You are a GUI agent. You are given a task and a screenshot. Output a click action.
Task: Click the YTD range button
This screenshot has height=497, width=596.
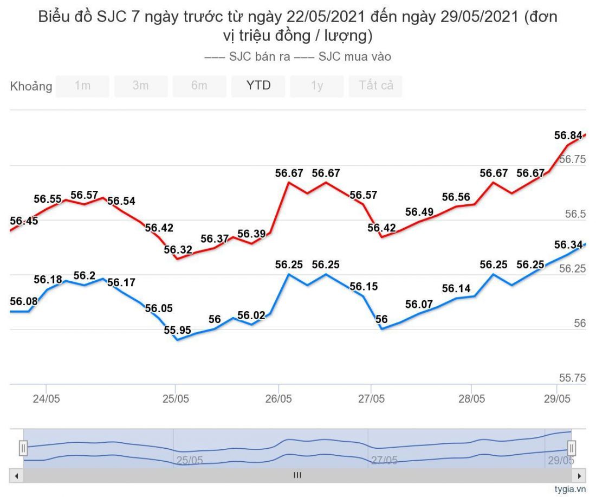tap(258, 86)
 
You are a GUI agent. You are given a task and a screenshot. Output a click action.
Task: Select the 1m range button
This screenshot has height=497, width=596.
tap(82, 86)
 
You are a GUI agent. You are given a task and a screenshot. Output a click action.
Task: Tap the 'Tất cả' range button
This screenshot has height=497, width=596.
tap(375, 86)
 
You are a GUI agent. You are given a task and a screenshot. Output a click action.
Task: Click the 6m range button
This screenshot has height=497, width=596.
tap(199, 86)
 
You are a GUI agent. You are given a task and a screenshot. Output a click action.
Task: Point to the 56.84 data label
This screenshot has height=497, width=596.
tap(568, 135)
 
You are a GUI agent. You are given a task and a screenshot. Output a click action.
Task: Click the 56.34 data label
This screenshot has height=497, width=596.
tap(568, 244)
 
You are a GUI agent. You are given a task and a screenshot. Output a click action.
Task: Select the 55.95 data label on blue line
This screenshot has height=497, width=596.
tap(178, 330)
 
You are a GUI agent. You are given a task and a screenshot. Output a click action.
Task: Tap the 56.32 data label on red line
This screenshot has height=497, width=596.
tap(178, 249)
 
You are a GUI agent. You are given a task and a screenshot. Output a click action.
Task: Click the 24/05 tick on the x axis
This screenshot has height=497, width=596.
tap(47, 399)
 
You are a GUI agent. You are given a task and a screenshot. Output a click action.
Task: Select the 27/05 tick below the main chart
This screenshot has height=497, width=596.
tap(371, 399)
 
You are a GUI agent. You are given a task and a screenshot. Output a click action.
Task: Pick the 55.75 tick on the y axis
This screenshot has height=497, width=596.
tap(573, 378)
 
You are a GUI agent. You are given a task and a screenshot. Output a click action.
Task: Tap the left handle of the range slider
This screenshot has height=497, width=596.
tap(23, 448)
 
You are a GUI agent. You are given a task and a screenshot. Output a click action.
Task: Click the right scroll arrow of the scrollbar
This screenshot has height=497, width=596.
tap(581, 475)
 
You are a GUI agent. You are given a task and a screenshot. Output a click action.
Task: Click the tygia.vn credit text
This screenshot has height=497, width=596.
tap(570, 489)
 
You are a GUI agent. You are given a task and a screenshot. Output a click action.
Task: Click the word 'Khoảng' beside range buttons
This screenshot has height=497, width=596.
tap(31, 86)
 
